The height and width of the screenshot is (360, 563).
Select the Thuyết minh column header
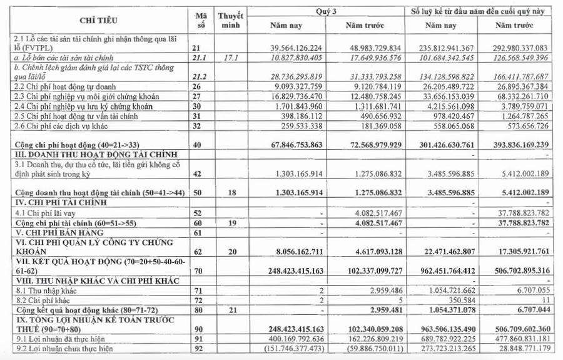(x=230, y=19)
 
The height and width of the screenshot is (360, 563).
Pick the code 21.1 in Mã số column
(x=198, y=58)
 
